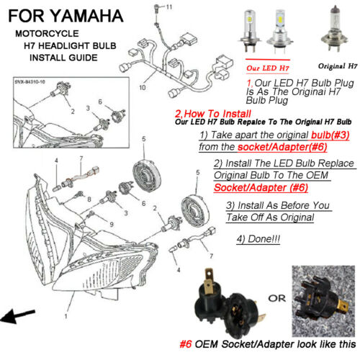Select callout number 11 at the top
tap(169, 6)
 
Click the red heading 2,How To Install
tap(217, 114)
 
